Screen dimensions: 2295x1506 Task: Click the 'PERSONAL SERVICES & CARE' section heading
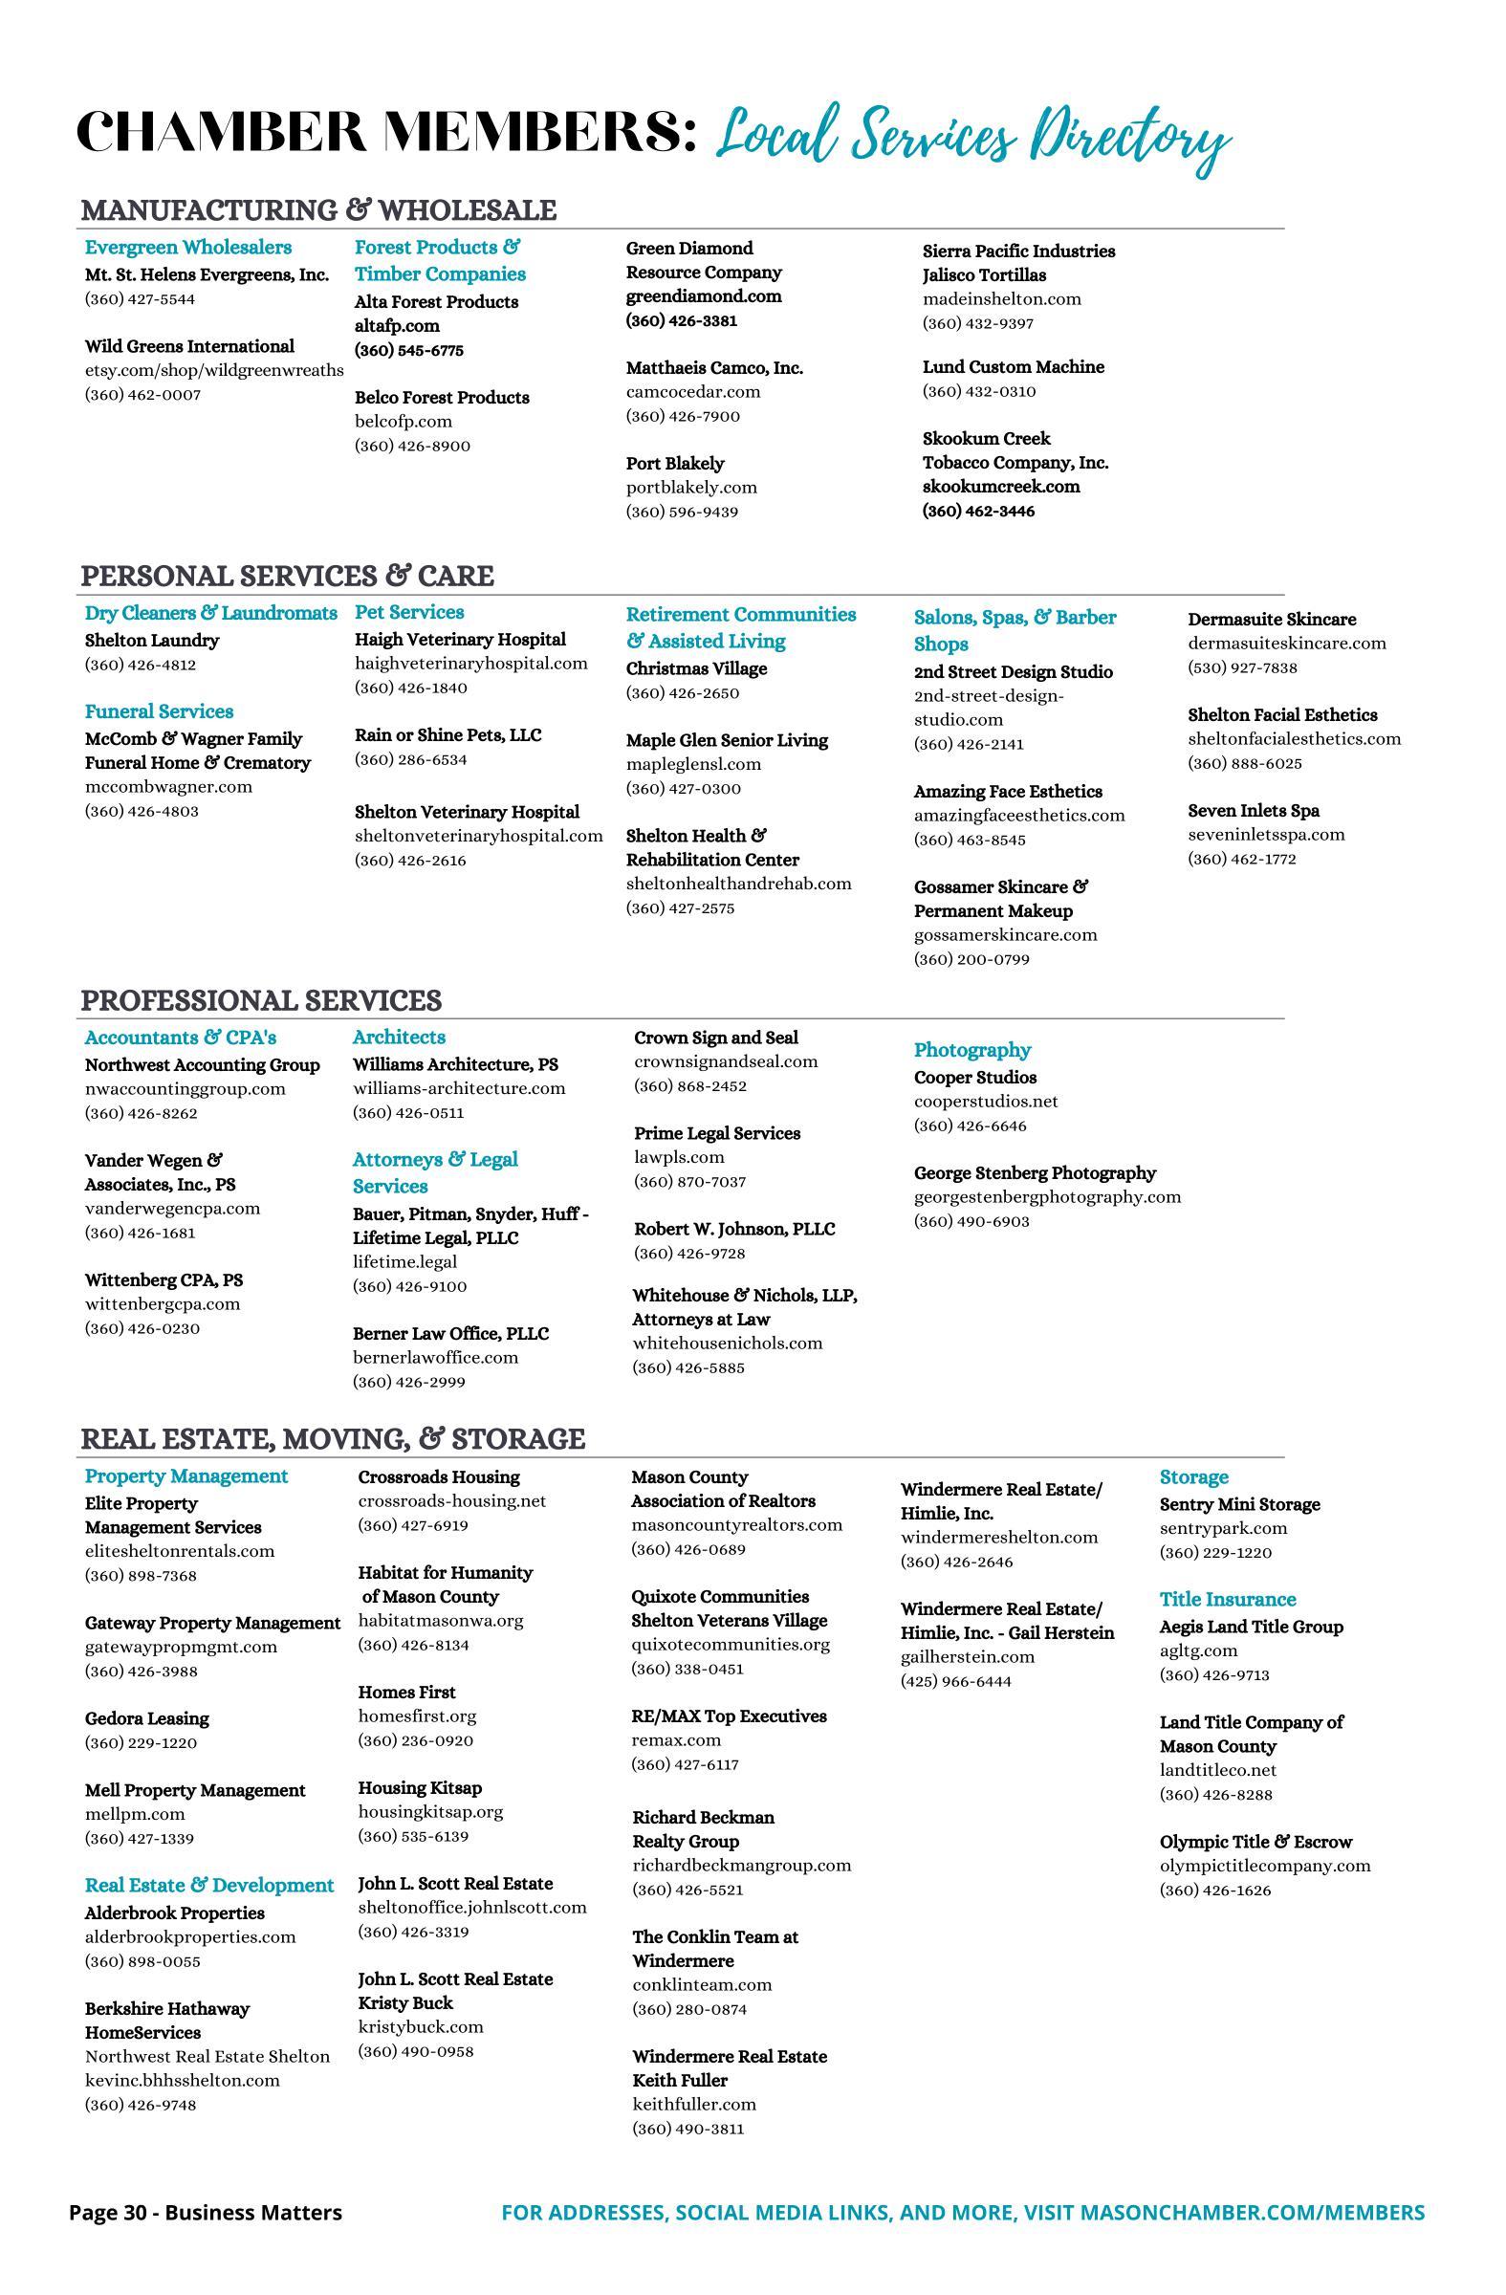point(286,576)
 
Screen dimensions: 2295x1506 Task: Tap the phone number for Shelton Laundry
point(142,665)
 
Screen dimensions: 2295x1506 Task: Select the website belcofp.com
point(403,422)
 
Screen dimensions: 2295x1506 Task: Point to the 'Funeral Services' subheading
point(159,711)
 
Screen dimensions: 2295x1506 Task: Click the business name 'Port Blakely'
point(675,464)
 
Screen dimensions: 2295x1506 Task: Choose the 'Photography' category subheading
point(971,1050)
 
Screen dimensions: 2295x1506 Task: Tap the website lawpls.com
point(679,1157)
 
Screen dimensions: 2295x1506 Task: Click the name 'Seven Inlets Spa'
point(1254,811)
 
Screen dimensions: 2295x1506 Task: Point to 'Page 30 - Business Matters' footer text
point(206,2213)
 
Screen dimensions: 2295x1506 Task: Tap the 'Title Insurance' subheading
point(1228,1600)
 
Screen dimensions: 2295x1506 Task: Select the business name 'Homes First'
point(407,1693)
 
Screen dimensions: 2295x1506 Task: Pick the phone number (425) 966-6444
point(955,1682)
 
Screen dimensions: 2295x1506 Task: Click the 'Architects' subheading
point(398,1038)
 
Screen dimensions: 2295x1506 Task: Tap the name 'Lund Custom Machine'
point(1014,367)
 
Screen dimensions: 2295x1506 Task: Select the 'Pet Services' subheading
point(409,612)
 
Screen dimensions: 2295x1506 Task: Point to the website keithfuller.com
point(694,2104)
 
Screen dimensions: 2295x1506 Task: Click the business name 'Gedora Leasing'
point(146,1718)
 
